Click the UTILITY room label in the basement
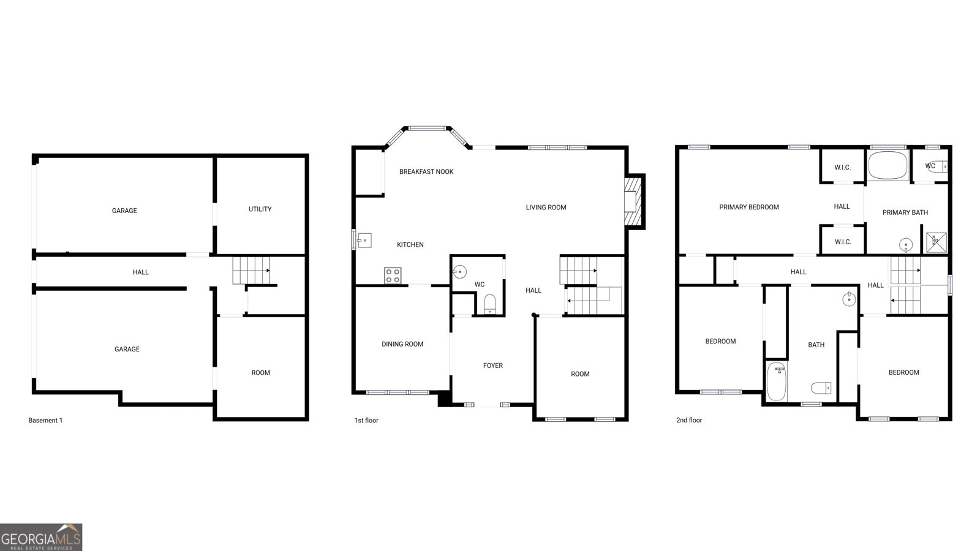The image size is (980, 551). point(260,209)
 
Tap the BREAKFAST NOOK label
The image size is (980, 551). point(426,172)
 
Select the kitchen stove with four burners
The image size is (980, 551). point(393,275)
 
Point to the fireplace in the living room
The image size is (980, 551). point(631,202)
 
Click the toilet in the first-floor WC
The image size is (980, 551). point(490,304)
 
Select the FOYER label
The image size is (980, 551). point(492,365)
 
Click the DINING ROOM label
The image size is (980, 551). point(402,344)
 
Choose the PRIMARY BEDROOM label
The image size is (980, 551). point(748,208)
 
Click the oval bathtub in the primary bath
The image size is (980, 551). point(888,165)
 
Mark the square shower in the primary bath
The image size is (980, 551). point(936,241)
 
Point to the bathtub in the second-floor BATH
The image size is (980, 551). point(776,381)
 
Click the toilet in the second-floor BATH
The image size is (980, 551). point(821,388)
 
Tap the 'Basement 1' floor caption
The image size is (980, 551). point(45,421)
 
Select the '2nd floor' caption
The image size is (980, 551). point(689,421)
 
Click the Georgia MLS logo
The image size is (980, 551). point(41,538)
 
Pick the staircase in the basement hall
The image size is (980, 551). point(251,270)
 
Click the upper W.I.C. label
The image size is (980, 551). point(842,168)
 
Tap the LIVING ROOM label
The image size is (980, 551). point(546,208)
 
